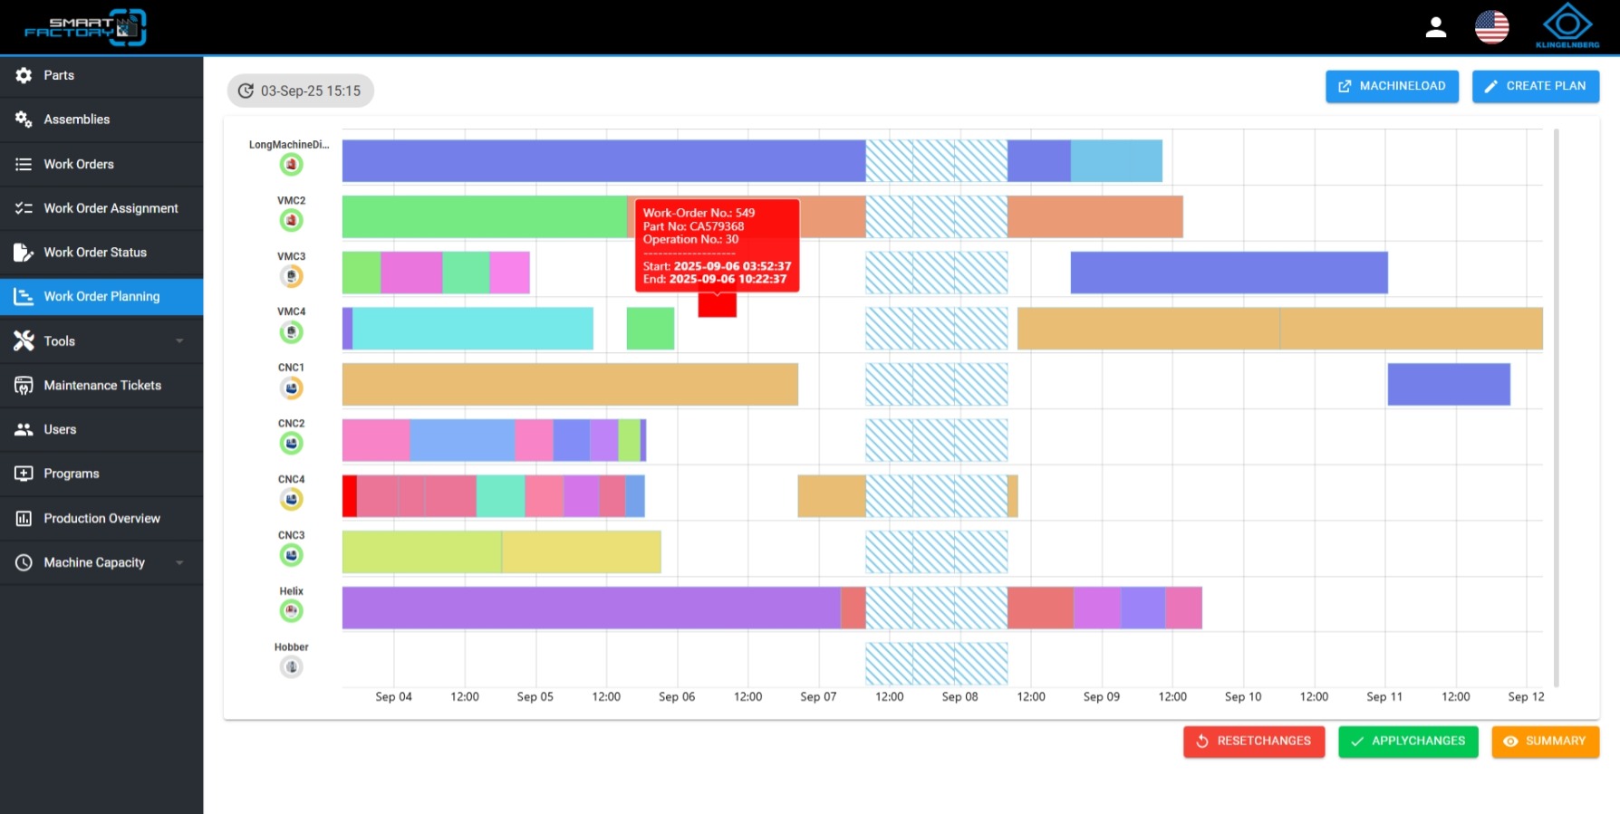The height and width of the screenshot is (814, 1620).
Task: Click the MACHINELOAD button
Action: tap(1392, 86)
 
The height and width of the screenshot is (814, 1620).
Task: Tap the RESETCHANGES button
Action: tap(1254, 741)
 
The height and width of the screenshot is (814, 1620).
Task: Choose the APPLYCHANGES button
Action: tap(1408, 741)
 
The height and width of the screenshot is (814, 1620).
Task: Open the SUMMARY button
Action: tap(1545, 741)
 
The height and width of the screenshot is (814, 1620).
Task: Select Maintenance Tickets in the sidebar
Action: tap(101, 385)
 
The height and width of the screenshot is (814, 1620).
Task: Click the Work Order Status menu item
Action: tap(101, 252)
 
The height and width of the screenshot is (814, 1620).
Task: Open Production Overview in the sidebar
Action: tap(101, 518)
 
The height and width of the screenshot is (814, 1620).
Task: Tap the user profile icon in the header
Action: tap(1436, 27)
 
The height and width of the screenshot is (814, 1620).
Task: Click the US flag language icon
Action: tap(1491, 27)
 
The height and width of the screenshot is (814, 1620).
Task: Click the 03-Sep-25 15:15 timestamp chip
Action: tap(300, 91)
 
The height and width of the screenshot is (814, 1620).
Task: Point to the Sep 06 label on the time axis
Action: tap(677, 696)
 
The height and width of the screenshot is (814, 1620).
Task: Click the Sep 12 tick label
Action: tap(1526, 696)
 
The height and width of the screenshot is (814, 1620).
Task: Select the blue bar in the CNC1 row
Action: tap(1449, 384)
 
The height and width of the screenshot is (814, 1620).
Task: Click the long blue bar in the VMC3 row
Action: tap(1229, 273)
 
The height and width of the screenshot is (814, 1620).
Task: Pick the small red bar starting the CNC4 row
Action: tap(350, 496)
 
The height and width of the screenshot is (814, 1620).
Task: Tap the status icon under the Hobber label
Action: tap(291, 667)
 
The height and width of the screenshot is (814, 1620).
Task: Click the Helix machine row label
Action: tap(291, 591)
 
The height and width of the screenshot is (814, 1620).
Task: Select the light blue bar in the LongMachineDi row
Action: tap(1116, 161)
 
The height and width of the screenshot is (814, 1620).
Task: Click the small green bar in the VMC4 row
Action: tap(651, 328)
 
